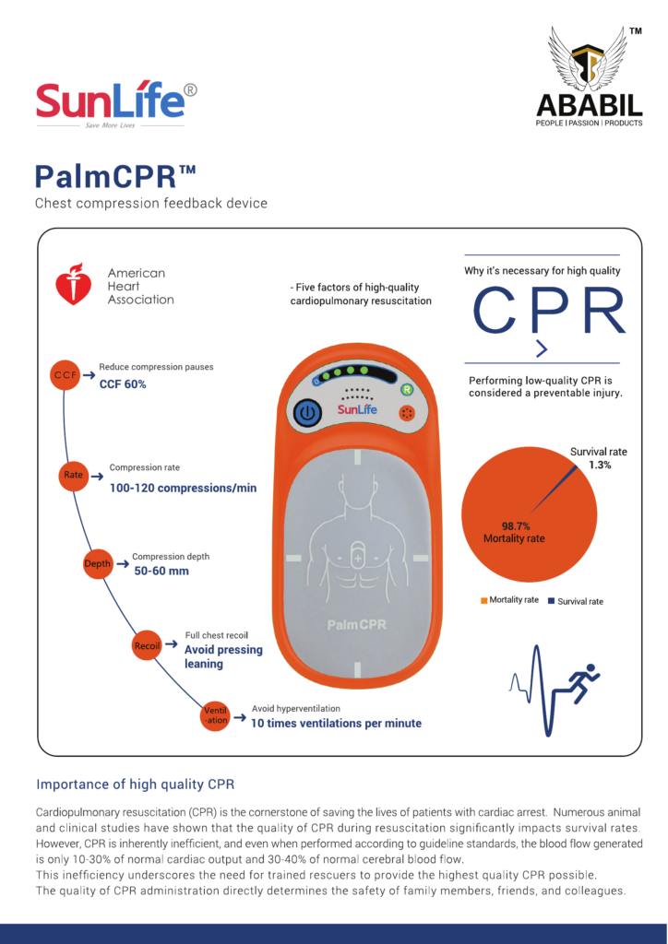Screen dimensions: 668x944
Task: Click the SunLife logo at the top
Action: [x=115, y=103]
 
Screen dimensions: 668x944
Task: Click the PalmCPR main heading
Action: [x=115, y=176]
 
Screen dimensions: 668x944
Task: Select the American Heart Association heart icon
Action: [x=74, y=284]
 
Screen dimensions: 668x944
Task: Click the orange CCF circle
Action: [x=66, y=375]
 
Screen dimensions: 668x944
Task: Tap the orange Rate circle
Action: [x=74, y=475]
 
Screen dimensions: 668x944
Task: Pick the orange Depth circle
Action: [x=98, y=563]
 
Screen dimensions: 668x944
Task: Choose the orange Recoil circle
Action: [x=148, y=646]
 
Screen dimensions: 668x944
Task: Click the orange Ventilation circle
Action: [x=216, y=715]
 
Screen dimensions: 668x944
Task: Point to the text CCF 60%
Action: [x=123, y=384]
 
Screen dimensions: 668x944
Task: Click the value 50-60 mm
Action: [x=161, y=571]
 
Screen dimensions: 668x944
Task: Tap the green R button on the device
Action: [x=407, y=390]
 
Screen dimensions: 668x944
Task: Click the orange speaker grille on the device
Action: [x=407, y=414]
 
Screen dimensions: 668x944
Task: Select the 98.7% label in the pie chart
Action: [x=516, y=526]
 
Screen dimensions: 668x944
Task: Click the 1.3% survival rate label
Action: [x=600, y=465]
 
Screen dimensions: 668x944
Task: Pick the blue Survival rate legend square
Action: [x=551, y=601]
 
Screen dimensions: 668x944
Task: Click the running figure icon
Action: [x=583, y=683]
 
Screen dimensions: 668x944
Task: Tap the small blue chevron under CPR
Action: [x=543, y=349]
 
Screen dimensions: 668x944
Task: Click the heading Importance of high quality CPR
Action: [x=135, y=785]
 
